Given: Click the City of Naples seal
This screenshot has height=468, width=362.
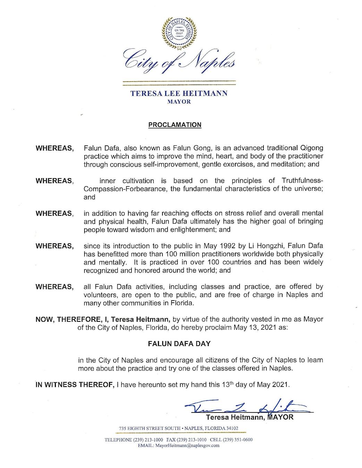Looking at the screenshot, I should point(179,33).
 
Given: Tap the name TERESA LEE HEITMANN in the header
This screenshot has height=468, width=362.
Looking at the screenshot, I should point(179,94).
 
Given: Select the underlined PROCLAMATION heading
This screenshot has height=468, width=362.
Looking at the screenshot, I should point(175,125).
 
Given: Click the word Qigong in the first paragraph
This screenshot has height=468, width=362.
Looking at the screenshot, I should point(311,148).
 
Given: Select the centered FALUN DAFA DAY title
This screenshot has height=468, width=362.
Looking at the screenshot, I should point(179,344).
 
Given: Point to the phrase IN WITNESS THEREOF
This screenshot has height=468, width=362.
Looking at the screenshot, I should point(75,384).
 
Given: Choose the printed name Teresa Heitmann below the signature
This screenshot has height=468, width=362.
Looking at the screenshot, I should point(234,417).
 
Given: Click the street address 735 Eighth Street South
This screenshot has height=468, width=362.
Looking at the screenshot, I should point(150,428).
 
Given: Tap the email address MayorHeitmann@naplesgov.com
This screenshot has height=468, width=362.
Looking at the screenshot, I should point(187,445).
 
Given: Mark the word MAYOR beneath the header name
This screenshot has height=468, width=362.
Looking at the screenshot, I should point(179,102).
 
